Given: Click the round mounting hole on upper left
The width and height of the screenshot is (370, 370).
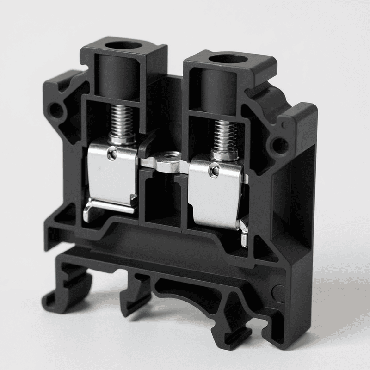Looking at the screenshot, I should coord(56,110).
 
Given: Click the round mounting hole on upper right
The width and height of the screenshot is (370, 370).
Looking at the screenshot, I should coord(279,145).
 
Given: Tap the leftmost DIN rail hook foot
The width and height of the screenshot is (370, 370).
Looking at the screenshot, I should coord(60,296).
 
